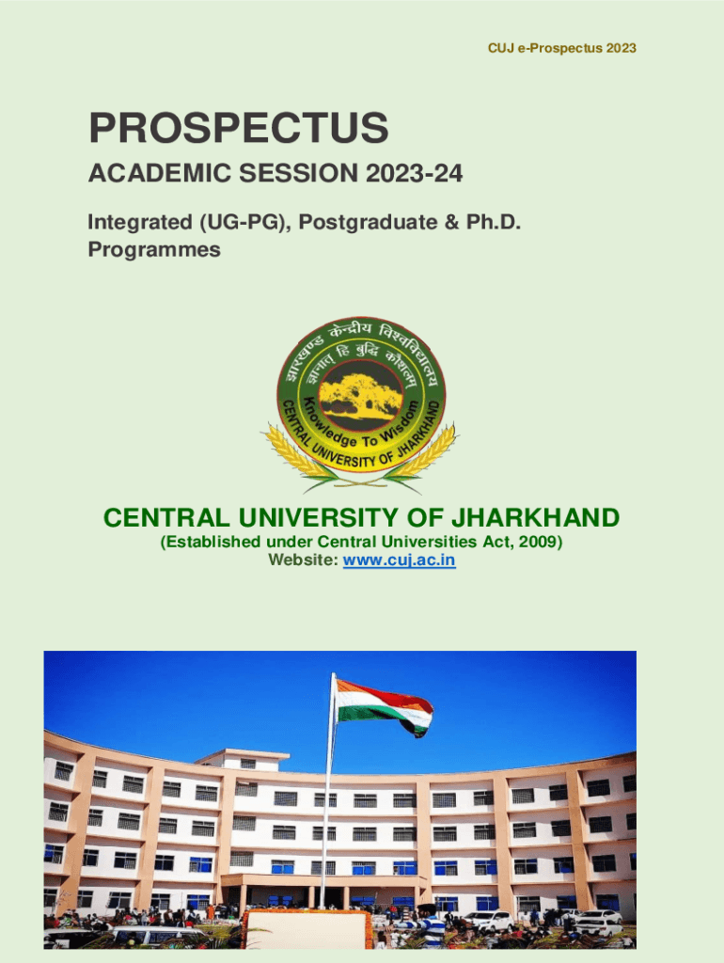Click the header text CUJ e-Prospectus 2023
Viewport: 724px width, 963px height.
pos(562,48)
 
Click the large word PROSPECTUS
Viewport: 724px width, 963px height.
pos(239,128)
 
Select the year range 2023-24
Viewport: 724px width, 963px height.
pos(414,173)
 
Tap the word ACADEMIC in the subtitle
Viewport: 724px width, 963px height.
pos(160,173)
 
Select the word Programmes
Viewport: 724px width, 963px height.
pos(154,249)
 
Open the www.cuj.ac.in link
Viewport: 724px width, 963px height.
pos(400,560)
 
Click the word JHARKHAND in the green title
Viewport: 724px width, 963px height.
pos(535,518)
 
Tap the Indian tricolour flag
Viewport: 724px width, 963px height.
pos(385,706)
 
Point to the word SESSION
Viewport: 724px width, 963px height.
pos(298,173)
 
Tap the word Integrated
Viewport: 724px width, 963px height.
pos(140,222)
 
